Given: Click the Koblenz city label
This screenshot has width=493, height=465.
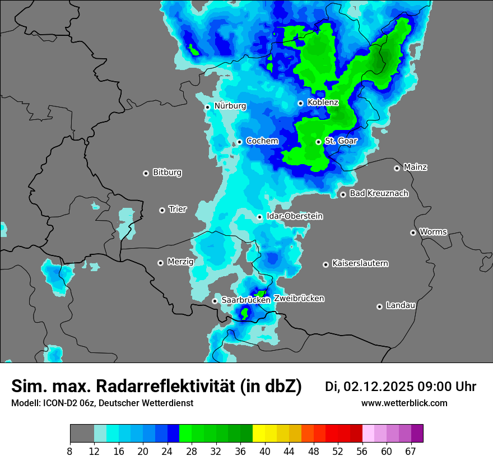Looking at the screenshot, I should (x=323, y=103).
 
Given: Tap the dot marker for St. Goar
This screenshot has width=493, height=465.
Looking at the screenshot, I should (x=318, y=142).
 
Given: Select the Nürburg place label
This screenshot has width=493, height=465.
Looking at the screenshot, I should (x=230, y=106).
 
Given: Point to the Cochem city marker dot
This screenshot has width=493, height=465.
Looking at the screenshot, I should (x=239, y=142).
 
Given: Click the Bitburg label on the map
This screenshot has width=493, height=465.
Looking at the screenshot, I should (x=167, y=173).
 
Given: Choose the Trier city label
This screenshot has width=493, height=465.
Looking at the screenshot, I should (x=178, y=210).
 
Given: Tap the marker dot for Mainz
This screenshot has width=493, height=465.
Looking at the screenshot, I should (x=397, y=168).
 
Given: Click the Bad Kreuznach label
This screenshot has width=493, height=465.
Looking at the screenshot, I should (x=379, y=194).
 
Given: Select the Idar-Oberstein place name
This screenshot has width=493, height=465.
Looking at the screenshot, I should (x=295, y=216).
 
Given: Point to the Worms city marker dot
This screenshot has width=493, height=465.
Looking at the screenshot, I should (x=413, y=232).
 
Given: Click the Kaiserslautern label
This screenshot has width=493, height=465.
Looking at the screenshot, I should (x=360, y=263).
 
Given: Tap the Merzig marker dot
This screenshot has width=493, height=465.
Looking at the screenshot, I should (x=160, y=263).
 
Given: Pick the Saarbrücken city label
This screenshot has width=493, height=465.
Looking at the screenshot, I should (x=246, y=300).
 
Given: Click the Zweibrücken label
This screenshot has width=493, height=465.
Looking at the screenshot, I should (x=299, y=299).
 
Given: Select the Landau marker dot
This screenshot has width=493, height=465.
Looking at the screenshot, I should (x=379, y=306).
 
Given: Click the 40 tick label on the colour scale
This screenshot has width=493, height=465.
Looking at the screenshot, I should (x=265, y=451).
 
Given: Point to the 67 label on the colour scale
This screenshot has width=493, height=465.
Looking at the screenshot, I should (x=411, y=451).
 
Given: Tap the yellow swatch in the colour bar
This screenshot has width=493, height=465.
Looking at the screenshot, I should (x=259, y=434).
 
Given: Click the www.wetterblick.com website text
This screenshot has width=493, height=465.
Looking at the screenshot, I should (x=404, y=403).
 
